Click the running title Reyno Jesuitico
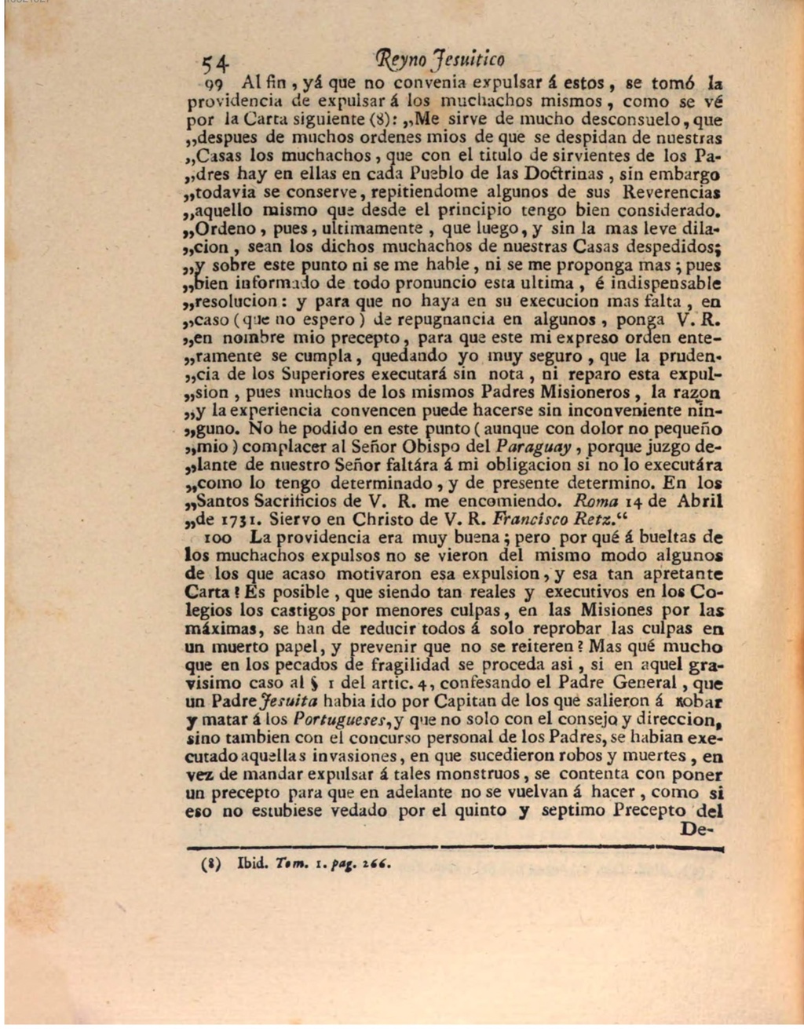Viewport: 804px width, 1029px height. (x=441, y=60)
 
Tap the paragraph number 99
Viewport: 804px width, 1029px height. (x=214, y=82)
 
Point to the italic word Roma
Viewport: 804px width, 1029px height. (x=595, y=501)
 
